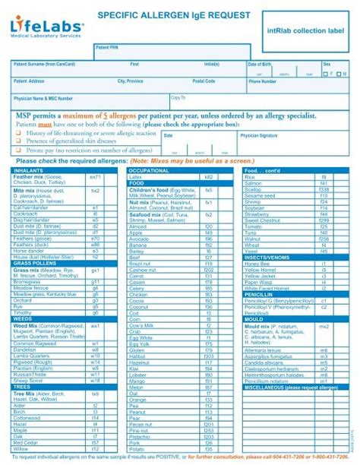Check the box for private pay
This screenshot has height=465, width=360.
coord(19,150)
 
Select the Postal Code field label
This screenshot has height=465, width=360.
coord(204,81)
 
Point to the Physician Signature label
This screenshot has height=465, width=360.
coord(258,134)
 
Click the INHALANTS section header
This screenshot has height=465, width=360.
coord(29,171)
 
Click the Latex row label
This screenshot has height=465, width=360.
coord(137,176)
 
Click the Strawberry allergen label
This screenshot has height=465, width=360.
coord(257,215)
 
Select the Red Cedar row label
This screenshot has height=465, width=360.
coord(26,441)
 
